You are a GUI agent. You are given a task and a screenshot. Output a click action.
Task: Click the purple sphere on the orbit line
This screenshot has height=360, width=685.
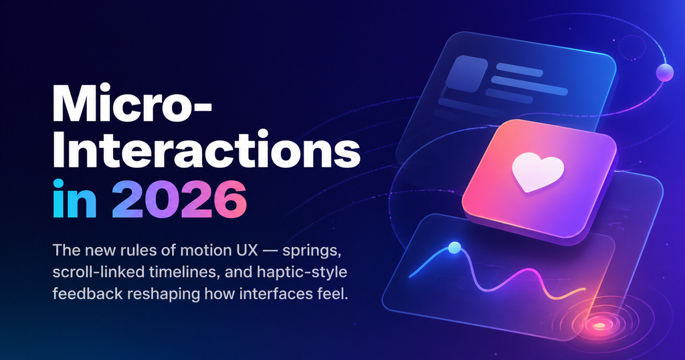pos(664,73)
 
